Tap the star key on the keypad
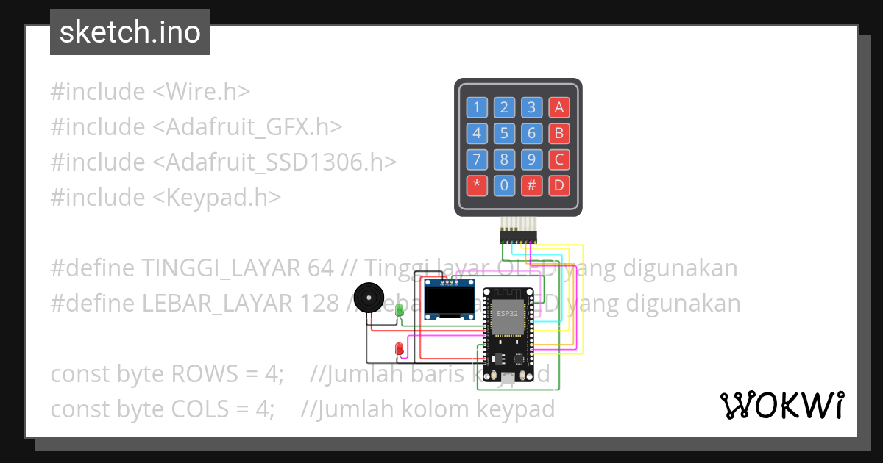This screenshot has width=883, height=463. click(x=476, y=185)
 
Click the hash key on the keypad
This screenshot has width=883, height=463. click(x=531, y=185)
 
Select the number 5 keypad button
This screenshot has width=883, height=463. click(x=504, y=134)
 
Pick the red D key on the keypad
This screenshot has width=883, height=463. click(x=559, y=185)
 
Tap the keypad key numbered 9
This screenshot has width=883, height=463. click(x=531, y=159)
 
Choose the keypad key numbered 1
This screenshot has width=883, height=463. click(x=476, y=108)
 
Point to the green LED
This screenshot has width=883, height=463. click(x=400, y=310)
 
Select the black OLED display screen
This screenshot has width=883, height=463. click(x=448, y=301)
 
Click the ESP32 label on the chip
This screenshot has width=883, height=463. click(x=507, y=313)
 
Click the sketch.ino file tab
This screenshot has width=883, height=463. click(x=130, y=32)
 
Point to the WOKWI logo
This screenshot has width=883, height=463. click(x=781, y=405)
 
